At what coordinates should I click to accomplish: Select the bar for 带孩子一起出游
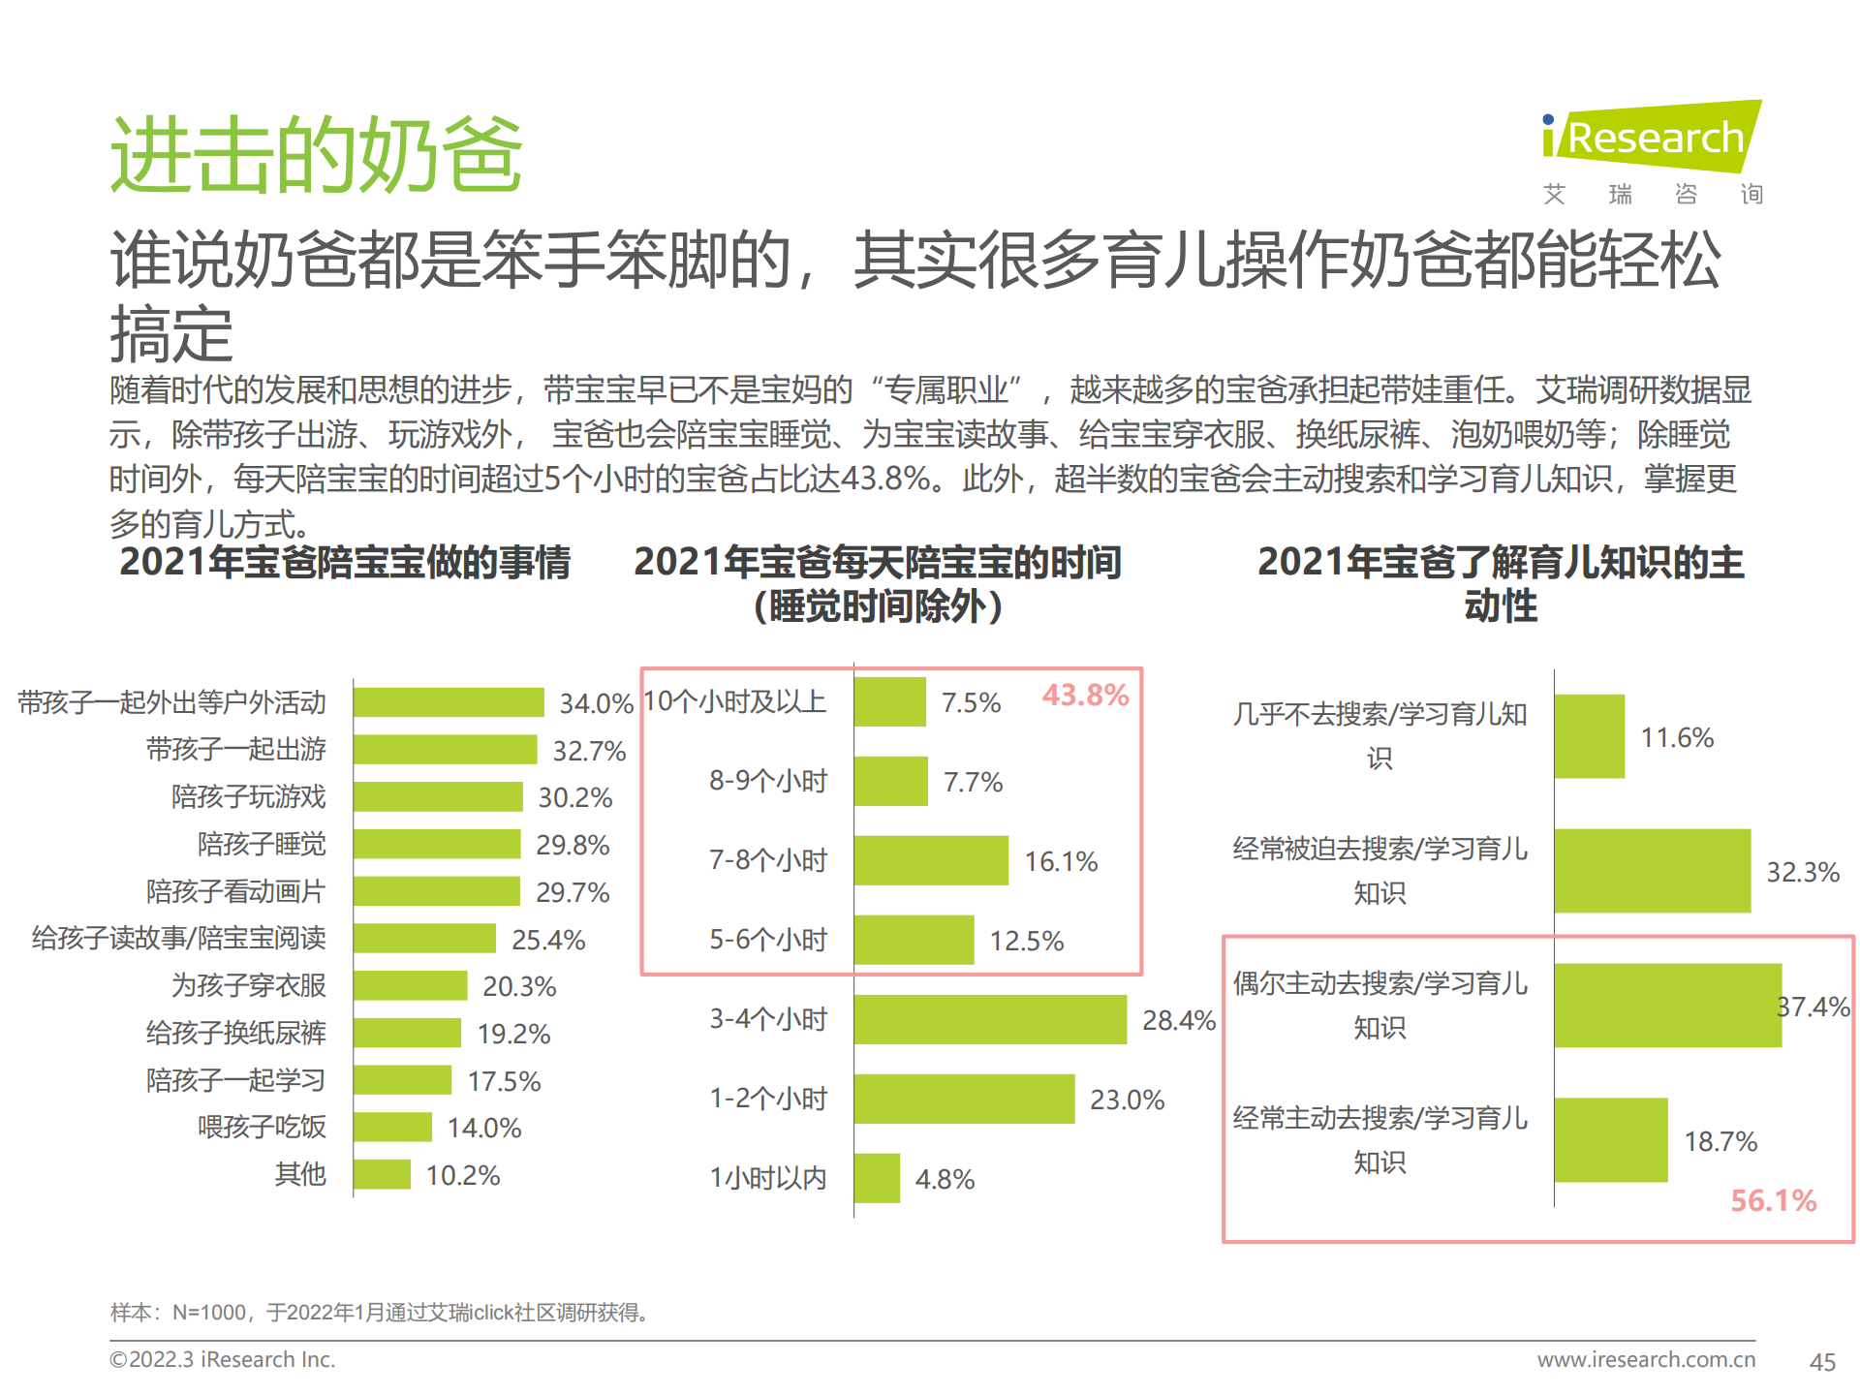click(445, 750)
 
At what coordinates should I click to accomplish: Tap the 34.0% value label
click(596, 703)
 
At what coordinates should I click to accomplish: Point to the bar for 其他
click(382, 1174)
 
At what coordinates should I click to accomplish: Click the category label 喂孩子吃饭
click(262, 1128)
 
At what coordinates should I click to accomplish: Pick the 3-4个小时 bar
click(990, 1019)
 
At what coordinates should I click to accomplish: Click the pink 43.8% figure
click(1085, 696)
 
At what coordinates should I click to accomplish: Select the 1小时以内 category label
click(768, 1178)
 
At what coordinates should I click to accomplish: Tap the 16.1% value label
click(1061, 861)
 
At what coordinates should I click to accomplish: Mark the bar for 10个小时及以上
click(889, 702)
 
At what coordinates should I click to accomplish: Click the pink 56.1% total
click(1773, 1201)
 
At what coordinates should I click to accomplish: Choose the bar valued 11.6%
click(1590, 736)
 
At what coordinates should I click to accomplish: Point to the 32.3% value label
click(1802, 872)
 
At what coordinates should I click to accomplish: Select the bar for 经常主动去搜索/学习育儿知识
click(1611, 1140)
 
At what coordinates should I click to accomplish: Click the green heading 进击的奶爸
click(317, 155)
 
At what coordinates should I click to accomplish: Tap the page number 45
click(1822, 1362)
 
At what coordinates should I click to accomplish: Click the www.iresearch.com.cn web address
click(1646, 1360)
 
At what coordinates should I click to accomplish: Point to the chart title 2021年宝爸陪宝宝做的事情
click(345, 563)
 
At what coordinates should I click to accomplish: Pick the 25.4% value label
click(548, 940)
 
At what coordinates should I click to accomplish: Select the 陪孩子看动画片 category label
click(235, 891)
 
